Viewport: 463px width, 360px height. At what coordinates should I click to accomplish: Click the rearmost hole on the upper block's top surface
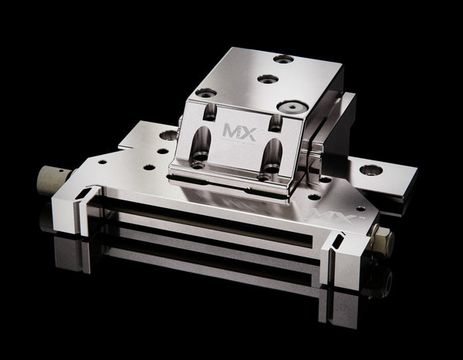(x=283, y=59)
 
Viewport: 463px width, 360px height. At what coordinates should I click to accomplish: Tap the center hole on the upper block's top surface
(x=266, y=79)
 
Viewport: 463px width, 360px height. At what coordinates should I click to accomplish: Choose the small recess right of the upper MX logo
(x=274, y=121)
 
